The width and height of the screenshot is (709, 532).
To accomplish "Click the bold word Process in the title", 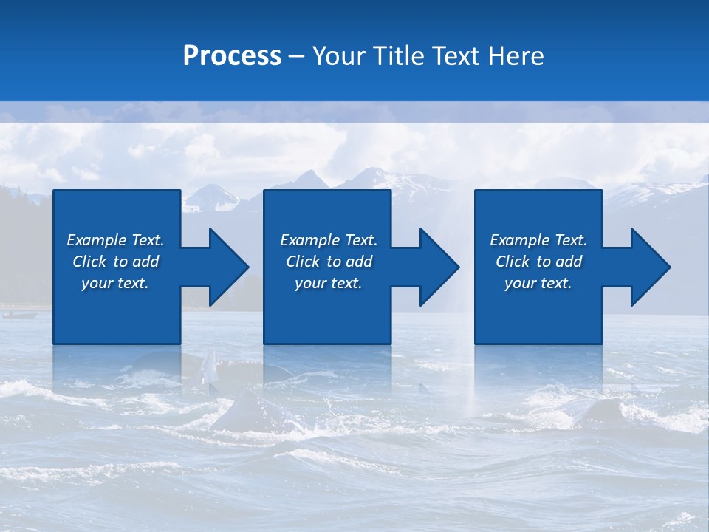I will click(232, 56).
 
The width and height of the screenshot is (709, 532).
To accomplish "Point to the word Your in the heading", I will click(340, 56).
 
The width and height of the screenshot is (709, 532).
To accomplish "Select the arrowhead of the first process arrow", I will click(229, 267).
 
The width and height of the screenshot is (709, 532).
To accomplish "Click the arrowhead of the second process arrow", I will click(439, 267).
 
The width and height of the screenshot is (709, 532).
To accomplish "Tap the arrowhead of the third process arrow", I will click(651, 267).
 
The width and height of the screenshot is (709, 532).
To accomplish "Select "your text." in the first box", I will click(115, 283).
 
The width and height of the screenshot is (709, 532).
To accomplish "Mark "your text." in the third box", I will click(538, 283).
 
